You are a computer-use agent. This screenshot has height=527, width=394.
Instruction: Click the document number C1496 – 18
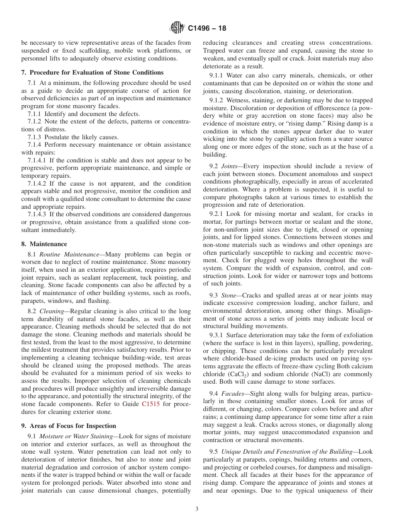(x=207, y=29)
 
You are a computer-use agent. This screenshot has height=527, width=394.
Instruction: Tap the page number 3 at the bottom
(x=197, y=509)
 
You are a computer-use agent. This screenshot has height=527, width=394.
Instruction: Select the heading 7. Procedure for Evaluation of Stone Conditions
(x=92, y=73)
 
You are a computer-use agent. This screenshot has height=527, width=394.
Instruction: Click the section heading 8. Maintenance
(x=44, y=244)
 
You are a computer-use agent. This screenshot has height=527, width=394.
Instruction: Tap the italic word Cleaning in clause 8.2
(x=51, y=311)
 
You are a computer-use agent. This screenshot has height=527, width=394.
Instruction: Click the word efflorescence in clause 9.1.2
(x=342, y=108)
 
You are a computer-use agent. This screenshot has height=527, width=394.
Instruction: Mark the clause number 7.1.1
(x=34, y=114)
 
